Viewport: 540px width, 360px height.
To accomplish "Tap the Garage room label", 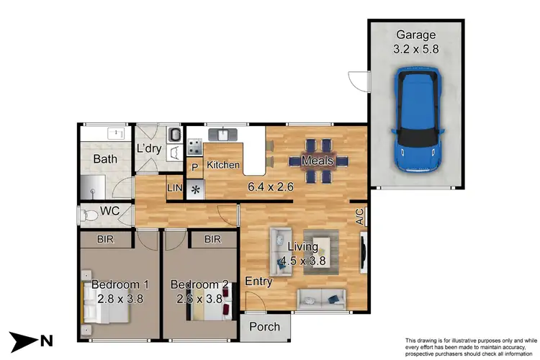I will coord(415,35).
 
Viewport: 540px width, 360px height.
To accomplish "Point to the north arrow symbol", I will coord(28,340).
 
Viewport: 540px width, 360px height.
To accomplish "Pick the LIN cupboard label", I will coord(175,188).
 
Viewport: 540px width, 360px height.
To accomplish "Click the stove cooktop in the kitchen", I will coord(194,147).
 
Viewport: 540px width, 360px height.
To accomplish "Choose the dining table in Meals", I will coord(317,161).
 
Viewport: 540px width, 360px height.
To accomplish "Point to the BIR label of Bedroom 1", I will coord(106,239).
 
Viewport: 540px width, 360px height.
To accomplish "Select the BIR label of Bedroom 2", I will coord(212,239).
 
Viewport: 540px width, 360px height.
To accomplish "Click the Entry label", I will coord(258,282).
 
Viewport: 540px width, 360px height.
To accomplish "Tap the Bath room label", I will coord(105,158).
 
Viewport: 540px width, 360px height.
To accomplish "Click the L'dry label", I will coord(148,149).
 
